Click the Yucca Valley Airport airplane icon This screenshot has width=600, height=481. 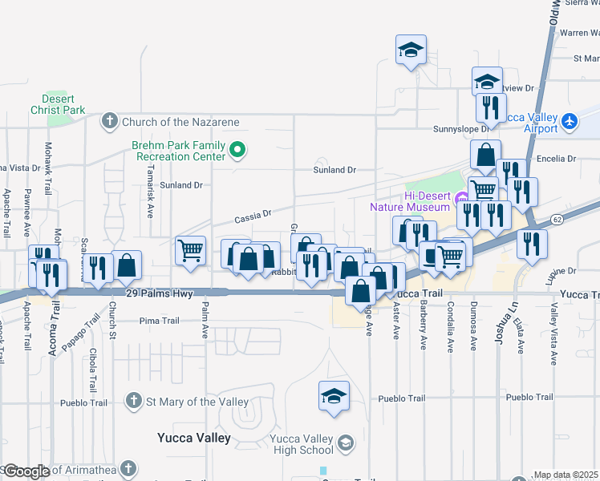click(570, 121)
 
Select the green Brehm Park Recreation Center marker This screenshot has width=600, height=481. click(237, 149)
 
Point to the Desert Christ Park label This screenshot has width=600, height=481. click(58, 103)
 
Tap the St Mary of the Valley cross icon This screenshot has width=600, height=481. click(134, 401)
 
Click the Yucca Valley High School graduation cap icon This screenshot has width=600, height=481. click(346, 442)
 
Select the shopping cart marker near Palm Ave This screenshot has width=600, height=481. click(190, 251)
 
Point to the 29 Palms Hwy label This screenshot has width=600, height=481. click(160, 294)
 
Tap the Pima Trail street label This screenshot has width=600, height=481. click(159, 321)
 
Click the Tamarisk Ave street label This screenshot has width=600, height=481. click(150, 199)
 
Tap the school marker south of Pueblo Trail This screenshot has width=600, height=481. click(334, 396)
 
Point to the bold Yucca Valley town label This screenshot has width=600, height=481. click(193, 439)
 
